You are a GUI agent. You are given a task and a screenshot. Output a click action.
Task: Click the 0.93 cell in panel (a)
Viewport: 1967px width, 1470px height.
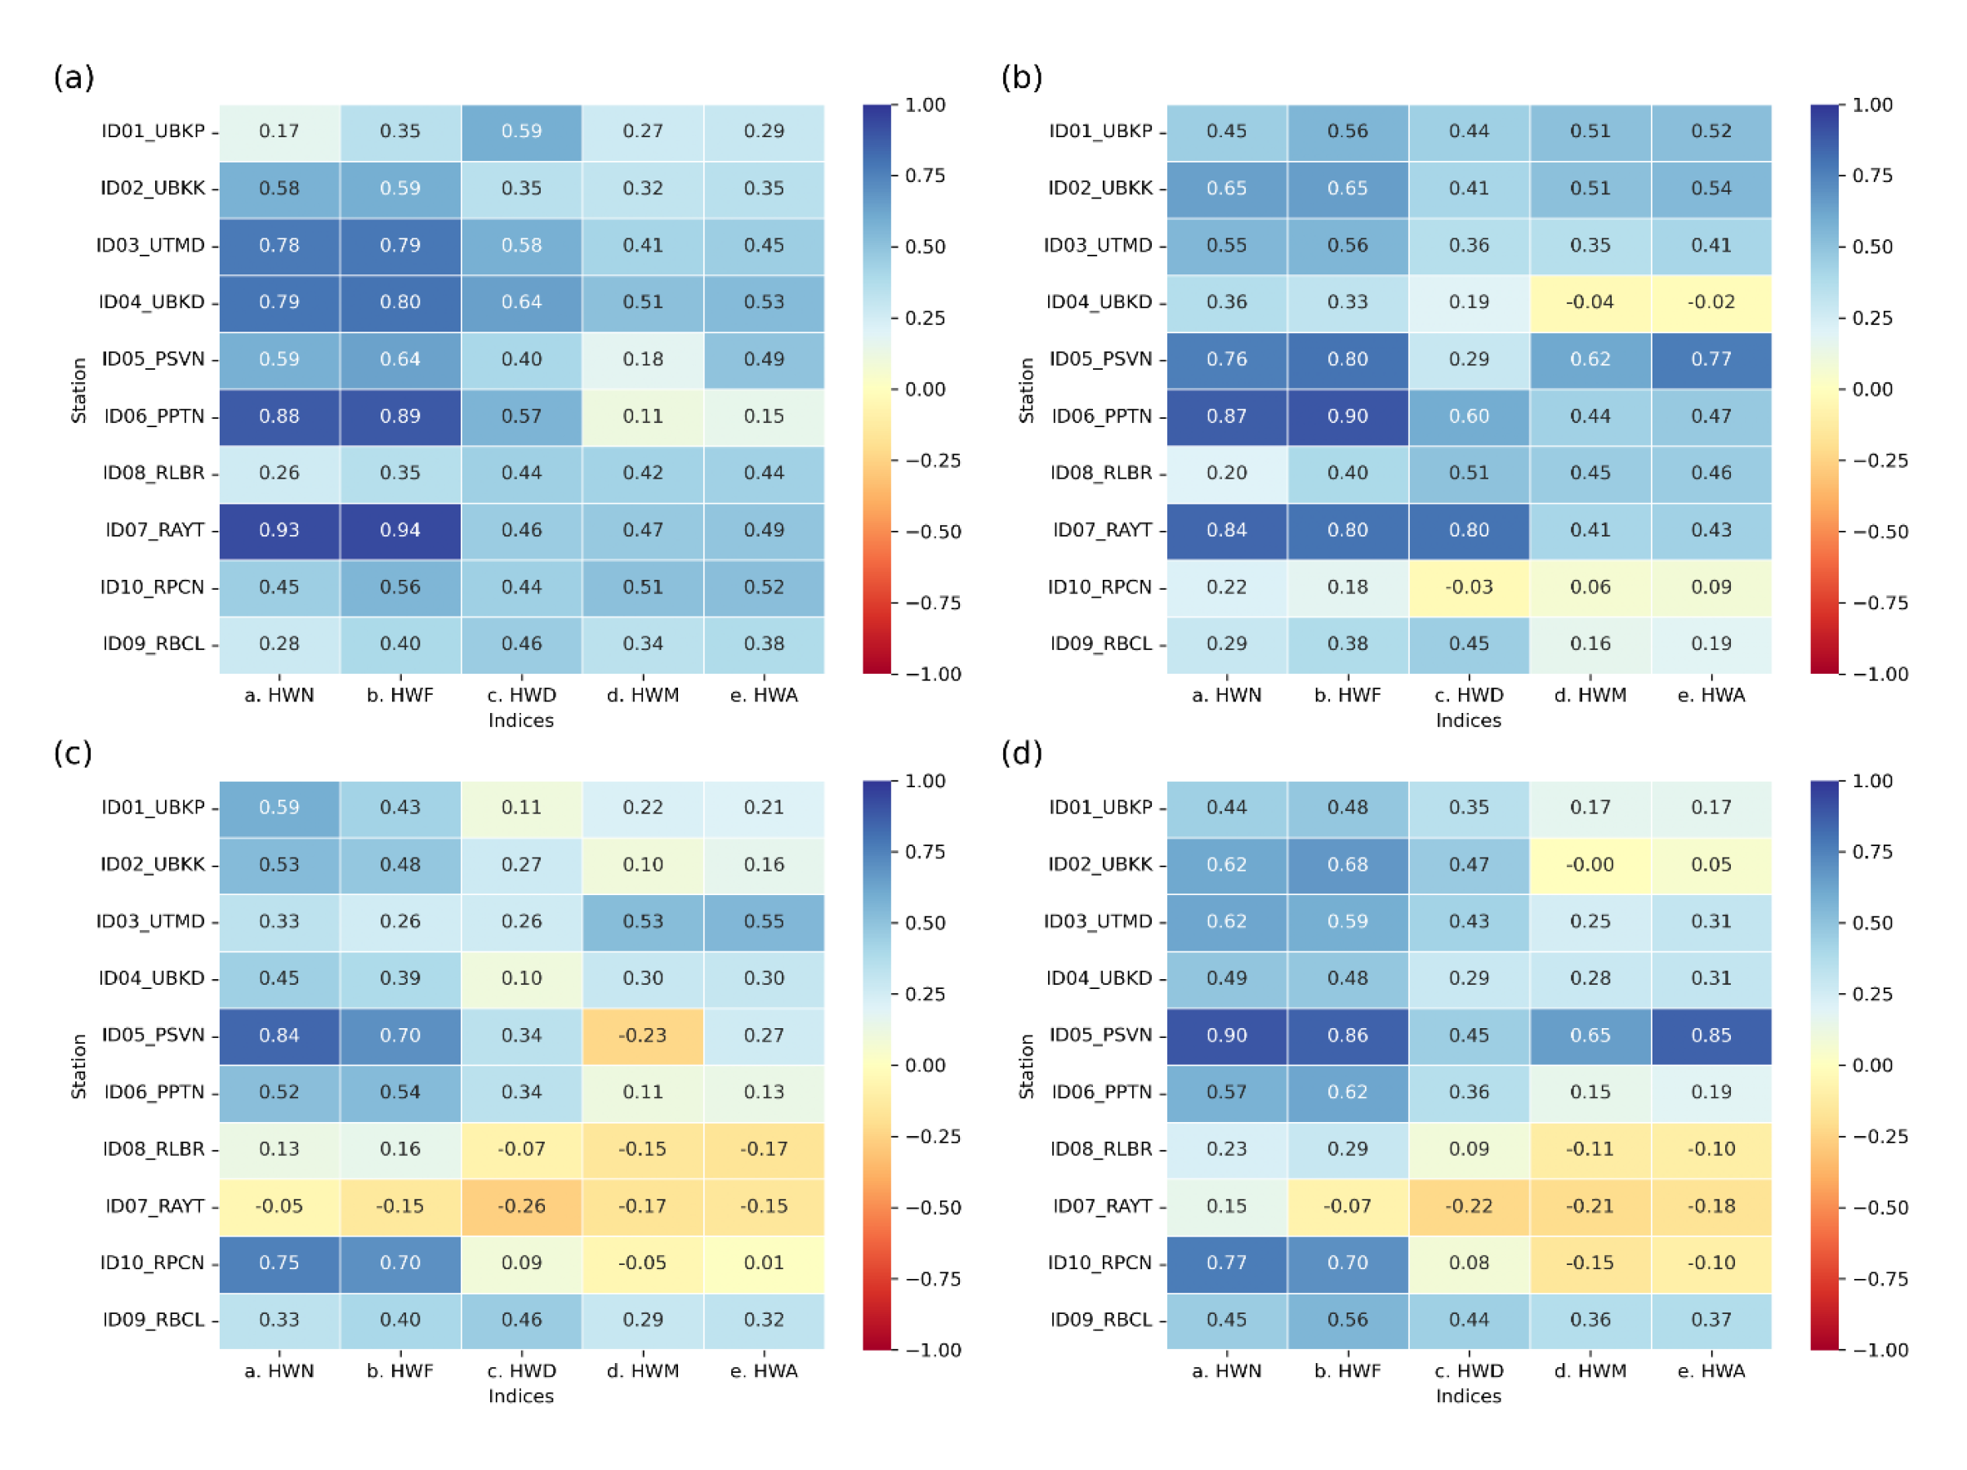[x=279, y=530]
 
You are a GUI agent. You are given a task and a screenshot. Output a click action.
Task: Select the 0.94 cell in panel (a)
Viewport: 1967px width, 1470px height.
[x=400, y=530]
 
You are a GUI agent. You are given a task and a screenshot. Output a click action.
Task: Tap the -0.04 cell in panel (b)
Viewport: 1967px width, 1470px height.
[x=1589, y=302]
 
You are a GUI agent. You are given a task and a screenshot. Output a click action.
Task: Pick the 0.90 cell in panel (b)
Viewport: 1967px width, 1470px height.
[x=1347, y=416]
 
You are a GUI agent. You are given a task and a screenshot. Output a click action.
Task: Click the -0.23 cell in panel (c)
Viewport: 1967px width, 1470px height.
[x=642, y=1036]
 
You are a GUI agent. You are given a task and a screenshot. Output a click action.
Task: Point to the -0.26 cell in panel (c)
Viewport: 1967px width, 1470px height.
[x=521, y=1206]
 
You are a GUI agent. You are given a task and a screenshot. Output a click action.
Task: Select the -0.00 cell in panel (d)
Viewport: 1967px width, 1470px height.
[x=1589, y=864]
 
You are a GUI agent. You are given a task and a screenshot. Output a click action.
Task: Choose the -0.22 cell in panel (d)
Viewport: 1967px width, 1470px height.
[x=1468, y=1206]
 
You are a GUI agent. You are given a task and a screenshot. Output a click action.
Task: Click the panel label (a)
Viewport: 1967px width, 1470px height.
[x=74, y=78]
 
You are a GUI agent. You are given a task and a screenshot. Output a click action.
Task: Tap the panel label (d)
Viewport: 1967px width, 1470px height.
[x=1022, y=753]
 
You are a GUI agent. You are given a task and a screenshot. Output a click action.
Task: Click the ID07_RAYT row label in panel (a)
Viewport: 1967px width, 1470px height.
[x=156, y=530]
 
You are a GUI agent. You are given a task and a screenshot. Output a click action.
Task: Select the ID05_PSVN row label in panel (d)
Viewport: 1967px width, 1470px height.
[x=1100, y=1036]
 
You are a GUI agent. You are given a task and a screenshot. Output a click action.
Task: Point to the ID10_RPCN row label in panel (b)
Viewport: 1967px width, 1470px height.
[x=1099, y=587]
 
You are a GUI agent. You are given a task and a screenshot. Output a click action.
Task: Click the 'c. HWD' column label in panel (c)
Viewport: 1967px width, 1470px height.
[x=521, y=1370]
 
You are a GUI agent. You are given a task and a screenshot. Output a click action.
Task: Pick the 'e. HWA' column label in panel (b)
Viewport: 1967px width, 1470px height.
[x=1711, y=694]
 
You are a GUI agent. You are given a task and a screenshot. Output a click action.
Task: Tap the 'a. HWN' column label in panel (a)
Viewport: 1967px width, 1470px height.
[x=279, y=694]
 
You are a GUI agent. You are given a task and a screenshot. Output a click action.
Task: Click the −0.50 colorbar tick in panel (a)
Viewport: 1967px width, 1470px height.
[x=933, y=532]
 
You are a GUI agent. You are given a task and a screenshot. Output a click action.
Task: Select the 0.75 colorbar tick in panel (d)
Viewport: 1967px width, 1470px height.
[x=1872, y=852]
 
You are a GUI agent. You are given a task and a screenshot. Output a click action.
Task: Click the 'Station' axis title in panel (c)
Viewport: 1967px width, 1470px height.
[x=79, y=1066]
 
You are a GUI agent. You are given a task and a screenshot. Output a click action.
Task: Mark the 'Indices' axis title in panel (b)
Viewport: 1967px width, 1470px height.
[x=1468, y=720]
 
